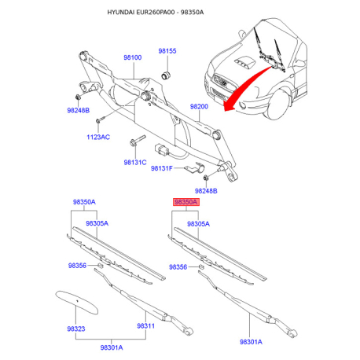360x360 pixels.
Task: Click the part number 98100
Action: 133,57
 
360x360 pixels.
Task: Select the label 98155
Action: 167,51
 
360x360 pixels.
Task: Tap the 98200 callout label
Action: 199,106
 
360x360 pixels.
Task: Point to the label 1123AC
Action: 98,137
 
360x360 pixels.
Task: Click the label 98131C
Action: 135,163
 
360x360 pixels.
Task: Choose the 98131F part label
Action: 162,168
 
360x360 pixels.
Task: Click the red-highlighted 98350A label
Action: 186,202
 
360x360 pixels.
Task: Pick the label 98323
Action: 76,329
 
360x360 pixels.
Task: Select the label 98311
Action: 146,326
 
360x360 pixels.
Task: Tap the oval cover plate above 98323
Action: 77,302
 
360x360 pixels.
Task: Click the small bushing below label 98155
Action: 166,75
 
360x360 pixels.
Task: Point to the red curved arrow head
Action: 229,107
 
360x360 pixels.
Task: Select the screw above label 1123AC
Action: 101,119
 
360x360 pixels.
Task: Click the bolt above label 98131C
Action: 138,140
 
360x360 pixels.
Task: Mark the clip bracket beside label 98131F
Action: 194,167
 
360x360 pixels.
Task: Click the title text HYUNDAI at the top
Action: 122,13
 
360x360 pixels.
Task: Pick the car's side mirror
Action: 241,34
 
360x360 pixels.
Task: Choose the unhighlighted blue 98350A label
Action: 84,202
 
